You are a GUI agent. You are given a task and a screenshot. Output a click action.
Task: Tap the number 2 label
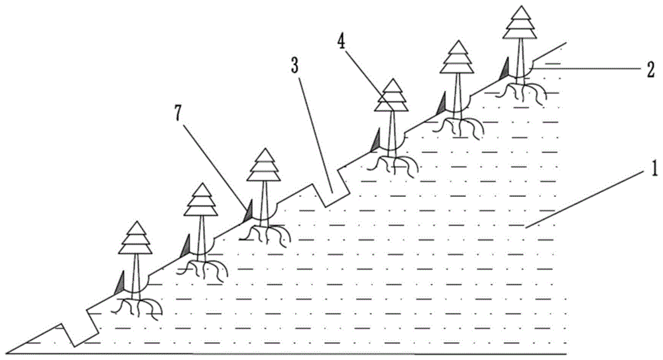[x=651, y=70]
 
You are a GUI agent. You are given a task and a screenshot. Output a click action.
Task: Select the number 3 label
[x=295, y=66]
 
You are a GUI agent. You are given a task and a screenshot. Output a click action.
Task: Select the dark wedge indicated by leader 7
[x=248, y=211]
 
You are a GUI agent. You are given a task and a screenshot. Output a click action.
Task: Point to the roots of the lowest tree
[x=136, y=308]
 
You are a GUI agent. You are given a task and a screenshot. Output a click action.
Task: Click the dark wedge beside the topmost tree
[x=504, y=68]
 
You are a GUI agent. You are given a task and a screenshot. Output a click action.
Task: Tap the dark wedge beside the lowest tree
[x=120, y=282]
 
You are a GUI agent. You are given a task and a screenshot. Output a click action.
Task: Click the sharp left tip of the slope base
[x=6, y=353]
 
